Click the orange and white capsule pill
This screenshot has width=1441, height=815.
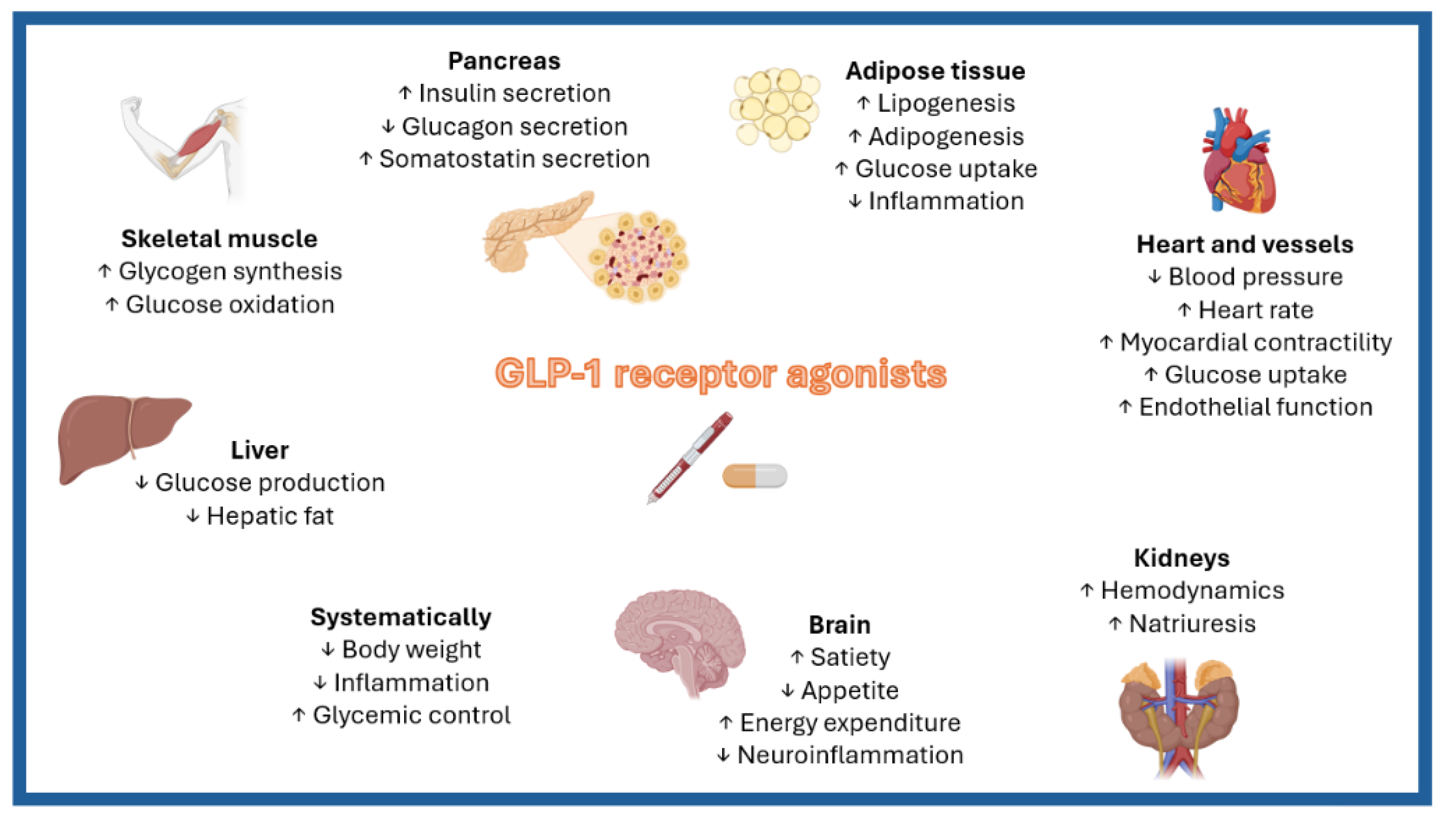[754, 476]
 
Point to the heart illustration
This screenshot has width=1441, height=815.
[1239, 163]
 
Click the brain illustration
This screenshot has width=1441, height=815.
[680, 641]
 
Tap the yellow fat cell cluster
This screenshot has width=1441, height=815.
[775, 109]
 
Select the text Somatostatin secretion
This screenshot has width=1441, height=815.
[514, 159]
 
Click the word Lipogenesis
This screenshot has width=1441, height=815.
[945, 103]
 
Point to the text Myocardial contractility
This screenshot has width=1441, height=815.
[1255, 342]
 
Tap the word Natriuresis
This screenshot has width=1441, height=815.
[1192, 624]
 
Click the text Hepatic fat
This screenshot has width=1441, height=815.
[270, 516]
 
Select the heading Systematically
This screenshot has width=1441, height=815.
[401, 617]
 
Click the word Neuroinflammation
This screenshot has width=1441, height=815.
[850, 755]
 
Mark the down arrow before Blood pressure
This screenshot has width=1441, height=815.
[1154, 277]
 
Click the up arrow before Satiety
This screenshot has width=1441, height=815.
[797, 657]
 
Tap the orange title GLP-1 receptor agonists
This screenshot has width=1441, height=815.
[721, 374]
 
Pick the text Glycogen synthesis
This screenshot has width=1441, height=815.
[230, 272]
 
